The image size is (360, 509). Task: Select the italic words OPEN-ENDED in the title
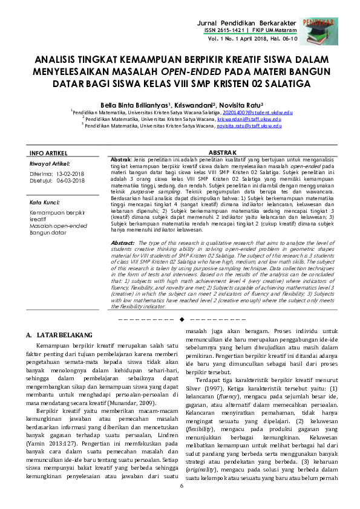pyautogui.click(x=192, y=72)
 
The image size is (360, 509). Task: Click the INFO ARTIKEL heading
pyautogui.click(x=48, y=152)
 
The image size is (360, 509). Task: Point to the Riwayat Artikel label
pyautogui.click(x=50, y=163)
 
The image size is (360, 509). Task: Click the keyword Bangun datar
pyautogui.click(x=48, y=232)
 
